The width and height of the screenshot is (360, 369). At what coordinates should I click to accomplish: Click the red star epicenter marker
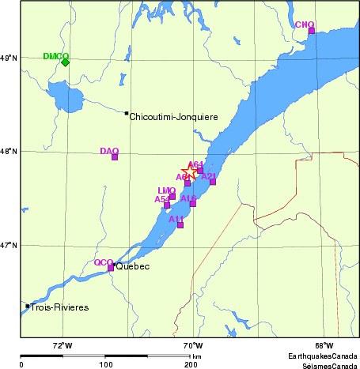coord(190,172)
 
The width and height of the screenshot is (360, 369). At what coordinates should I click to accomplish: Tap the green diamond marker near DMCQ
coord(65,62)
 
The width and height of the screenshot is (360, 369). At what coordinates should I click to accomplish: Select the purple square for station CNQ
coord(311,31)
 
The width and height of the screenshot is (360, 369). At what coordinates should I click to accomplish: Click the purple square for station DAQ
coord(115,156)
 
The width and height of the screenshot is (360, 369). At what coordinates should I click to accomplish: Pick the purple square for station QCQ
coord(111,268)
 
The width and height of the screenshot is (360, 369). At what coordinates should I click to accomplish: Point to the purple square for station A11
coord(180,225)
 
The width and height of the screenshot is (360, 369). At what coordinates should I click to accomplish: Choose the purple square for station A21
coord(213,182)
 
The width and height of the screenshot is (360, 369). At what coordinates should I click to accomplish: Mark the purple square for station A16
coord(192,204)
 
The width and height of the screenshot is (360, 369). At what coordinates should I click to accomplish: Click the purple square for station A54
coord(167,205)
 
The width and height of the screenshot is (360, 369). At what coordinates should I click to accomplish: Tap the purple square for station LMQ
coord(172,196)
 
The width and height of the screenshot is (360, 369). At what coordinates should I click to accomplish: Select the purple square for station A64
coord(200,170)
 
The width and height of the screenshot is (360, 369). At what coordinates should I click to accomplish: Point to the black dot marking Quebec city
coord(114,265)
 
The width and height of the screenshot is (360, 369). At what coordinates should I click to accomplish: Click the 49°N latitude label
coord(8,58)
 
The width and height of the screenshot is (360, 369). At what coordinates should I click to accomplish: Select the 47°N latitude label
coord(8,246)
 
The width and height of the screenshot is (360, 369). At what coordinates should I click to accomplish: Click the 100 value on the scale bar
coord(105,365)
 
